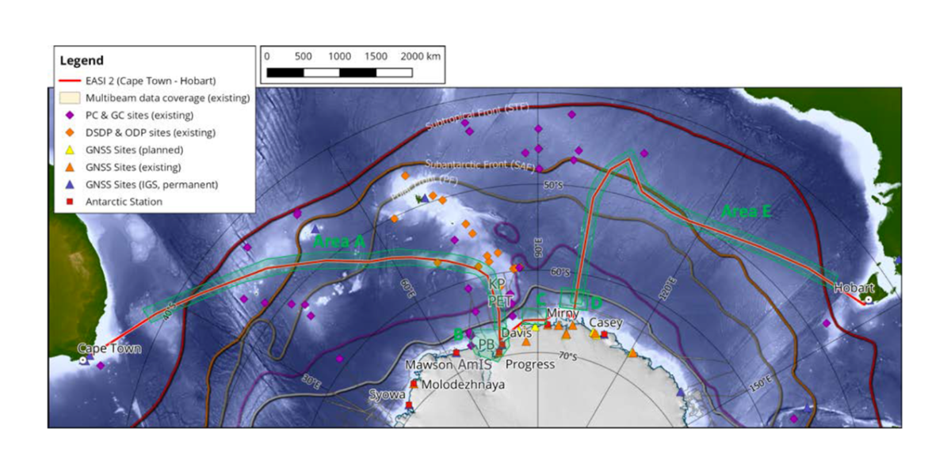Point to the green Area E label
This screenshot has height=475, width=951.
(747, 211)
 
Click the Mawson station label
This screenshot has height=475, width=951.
(429, 365)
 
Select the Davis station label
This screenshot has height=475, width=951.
(516, 334)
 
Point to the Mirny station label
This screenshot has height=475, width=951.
(563, 313)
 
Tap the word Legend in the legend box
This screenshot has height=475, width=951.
(81, 60)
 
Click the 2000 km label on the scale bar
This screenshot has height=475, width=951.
(422, 57)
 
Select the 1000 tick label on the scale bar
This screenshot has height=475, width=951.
(339, 57)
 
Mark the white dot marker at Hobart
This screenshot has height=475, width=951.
(869, 300)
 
